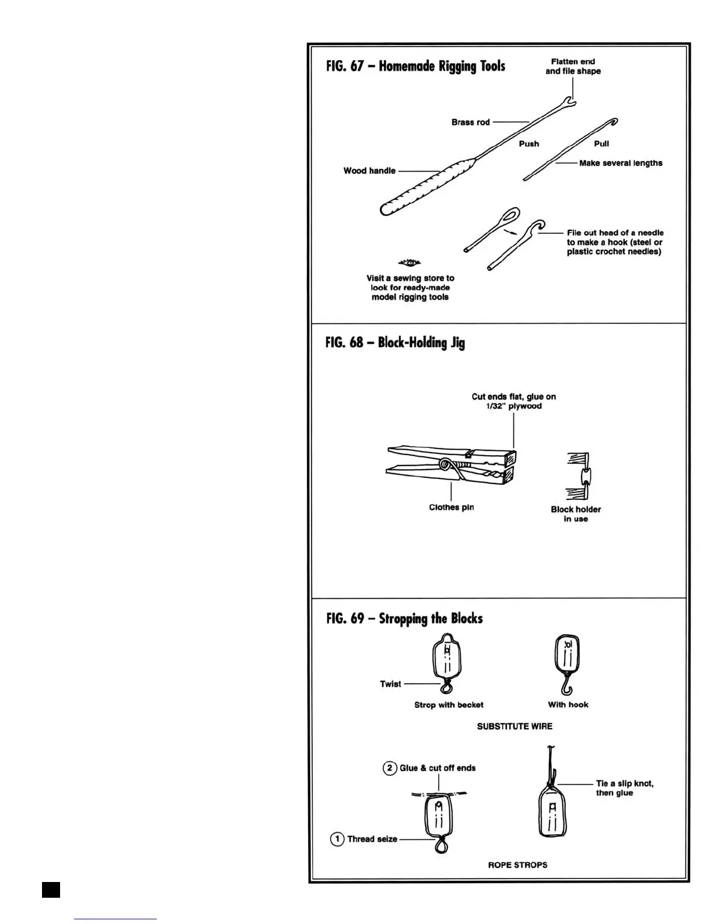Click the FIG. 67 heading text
tap(415, 66)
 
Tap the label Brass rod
tap(470, 123)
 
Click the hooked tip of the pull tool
tap(612, 122)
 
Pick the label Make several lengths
tap(621, 163)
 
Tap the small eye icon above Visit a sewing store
tap(409, 262)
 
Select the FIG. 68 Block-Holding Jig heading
tap(395, 342)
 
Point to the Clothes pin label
tap(451, 508)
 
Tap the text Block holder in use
tap(575, 514)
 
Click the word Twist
tap(390, 684)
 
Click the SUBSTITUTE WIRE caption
tap(514, 726)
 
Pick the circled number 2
tap(390, 768)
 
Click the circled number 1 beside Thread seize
tap(337, 839)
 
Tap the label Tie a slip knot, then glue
tap(624, 788)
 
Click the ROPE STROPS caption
tap(517, 864)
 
